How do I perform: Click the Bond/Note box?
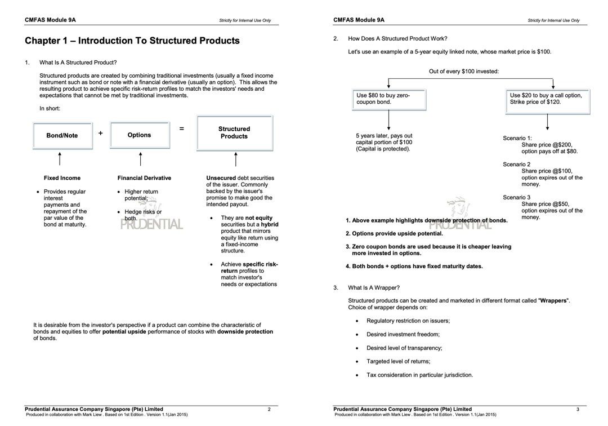[x=62, y=135]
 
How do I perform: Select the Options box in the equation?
[x=140, y=135]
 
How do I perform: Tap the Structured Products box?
[x=234, y=133]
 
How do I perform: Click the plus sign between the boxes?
[x=101, y=134]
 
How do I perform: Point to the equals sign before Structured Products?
[x=181, y=128]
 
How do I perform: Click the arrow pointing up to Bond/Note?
[x=60, y=158]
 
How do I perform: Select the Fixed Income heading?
[x=62, y=178]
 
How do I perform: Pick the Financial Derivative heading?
[x=144, y=178]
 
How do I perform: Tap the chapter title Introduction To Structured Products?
[x=132, y=41]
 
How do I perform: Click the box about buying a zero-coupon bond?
[x=389, y=99]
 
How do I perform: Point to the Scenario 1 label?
[x=517, y=138]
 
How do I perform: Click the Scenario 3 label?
[x=517, y=198]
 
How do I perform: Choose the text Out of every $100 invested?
[x=464, y=72]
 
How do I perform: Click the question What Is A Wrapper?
[x=374, y=287]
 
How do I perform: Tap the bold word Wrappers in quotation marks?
[x=554, y=301]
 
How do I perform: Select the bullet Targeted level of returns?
[x=398, y=361]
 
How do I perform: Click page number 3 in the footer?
[x=578, y=409]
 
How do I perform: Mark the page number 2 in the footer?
[x=269, y=409]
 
